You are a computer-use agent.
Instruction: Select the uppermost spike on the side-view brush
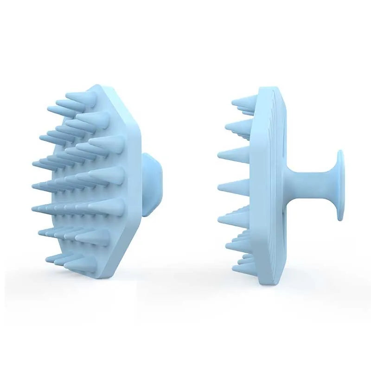(242, 103)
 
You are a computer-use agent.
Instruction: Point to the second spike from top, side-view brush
(239, 126)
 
